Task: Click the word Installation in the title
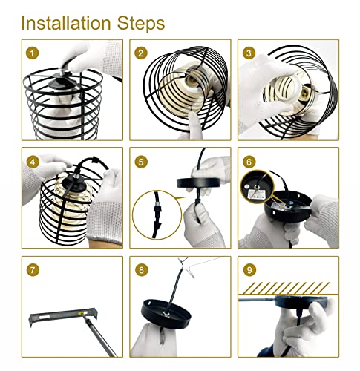tap(66, 23)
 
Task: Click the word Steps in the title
tap(141, 23)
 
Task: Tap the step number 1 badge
tap(33, 53)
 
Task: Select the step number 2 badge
tap(141, 53)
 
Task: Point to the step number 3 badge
tap(249, 53)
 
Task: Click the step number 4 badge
tap(33, 162)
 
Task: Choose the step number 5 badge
tap(141, 162)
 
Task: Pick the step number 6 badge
tap(249, 162)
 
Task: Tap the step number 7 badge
tap(33, 269)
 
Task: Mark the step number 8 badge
tap(141, 269)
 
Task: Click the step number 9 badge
tap(249, 269)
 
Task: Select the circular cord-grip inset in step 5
tap(157, 214)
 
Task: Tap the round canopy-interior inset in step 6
tap(258, 186)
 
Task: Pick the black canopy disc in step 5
tap(198, 183)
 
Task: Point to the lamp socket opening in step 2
tap(192, 79)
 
